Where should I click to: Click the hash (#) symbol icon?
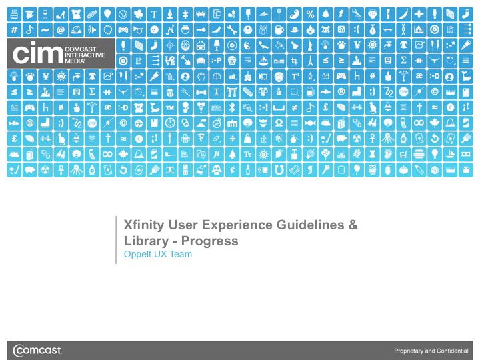pos(14,30)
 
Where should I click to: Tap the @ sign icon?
pos(61,30)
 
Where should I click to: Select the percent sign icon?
pos(310,15)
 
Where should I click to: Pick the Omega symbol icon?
pos(279,123)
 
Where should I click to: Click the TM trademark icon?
pos(170,107)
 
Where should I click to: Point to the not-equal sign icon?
pos(295,107)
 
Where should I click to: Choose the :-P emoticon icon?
pos(217,61)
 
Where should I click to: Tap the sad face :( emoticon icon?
pos(357,30)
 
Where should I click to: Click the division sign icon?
pos(233,139)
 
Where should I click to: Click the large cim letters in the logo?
pos(37,53)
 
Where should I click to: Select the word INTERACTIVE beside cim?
pos(85,55)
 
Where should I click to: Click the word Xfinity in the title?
pos(144,225)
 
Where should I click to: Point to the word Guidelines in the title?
pos(311,225)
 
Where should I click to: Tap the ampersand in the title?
pos(353,225)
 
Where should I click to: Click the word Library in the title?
pos(146,241)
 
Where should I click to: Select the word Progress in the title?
pos(210,241)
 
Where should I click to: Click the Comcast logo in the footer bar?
pos(37,350)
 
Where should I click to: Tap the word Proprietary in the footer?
pos(409,351)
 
